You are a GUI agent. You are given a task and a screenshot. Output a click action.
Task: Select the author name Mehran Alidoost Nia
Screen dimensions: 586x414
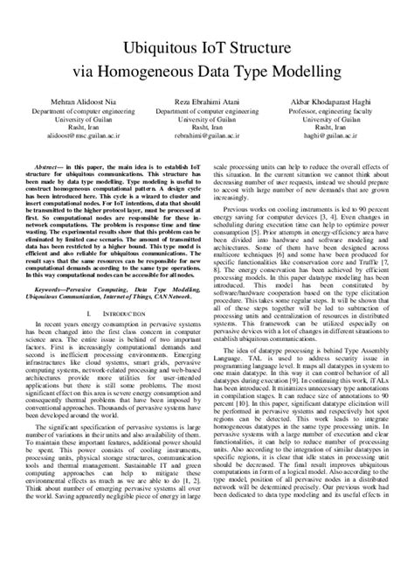[77, 103]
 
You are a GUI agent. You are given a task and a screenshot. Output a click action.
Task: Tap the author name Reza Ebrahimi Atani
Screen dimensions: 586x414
[208, 103]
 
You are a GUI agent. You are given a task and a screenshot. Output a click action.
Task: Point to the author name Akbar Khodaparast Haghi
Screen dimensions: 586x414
[338, 103]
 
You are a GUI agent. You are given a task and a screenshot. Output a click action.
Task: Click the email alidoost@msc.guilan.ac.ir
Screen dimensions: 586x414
[77, 137]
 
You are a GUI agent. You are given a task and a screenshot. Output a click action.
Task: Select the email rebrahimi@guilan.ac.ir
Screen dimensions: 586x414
[208, 137]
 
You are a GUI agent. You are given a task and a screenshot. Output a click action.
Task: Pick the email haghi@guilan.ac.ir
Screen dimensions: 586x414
[338, 137]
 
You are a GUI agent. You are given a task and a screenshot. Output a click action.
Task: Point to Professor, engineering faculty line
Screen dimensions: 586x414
[338, 115]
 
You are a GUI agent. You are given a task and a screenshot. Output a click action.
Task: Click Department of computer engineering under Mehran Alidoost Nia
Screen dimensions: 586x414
[77, 115]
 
